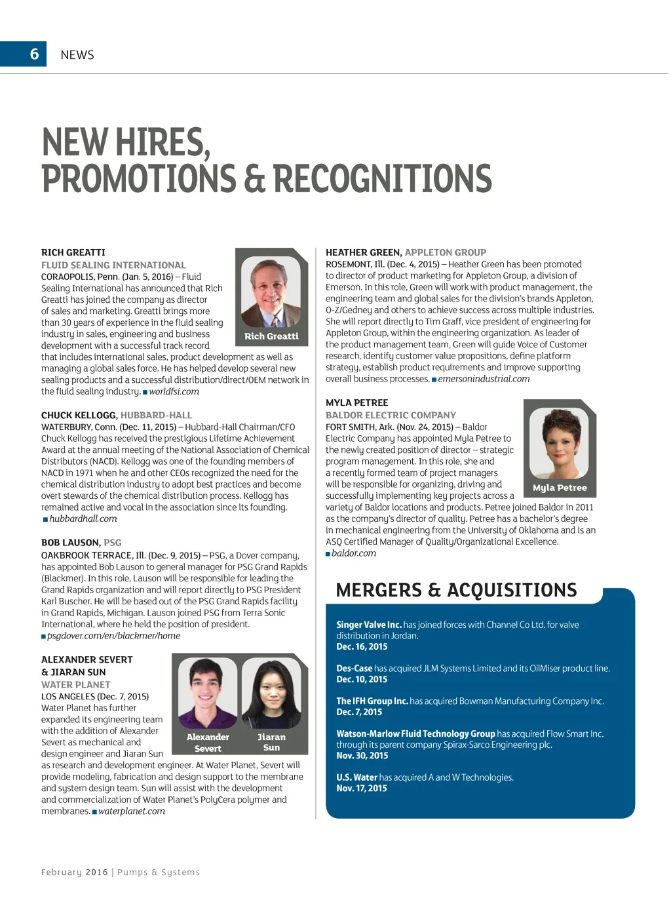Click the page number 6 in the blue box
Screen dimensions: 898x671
click(x=35, y=54)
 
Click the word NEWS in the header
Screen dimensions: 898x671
click(x=77, y=55)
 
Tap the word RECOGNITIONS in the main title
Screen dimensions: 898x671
click(x=382, y=179)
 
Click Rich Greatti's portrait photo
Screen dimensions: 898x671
click(x=271, y=292)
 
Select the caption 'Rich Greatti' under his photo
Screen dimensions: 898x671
click(x=271, y=336)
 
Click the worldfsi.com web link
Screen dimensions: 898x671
click(x=174, y=391)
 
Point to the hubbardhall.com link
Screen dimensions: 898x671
click(x=83, y=518)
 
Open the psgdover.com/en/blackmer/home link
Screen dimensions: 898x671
click(x=113, y=636)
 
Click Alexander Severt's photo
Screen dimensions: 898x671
click(x=208, y=692)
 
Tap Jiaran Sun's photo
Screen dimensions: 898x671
click(x=271, y=692)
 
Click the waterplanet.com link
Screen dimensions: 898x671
click(x=131, y=811)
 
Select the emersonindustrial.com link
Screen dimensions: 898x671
click(x=484, y=379)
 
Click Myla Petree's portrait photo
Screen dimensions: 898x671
click(x=560, y=444)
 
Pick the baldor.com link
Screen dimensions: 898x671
click(x=354, y=553)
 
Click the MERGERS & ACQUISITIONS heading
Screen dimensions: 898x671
click(x=456, y=590)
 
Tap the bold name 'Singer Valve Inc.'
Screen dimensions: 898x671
click(x=368, y=625)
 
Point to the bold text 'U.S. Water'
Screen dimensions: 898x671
click(x=357, y=777)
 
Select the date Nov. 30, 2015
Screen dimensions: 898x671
click(x=362, y=756)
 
